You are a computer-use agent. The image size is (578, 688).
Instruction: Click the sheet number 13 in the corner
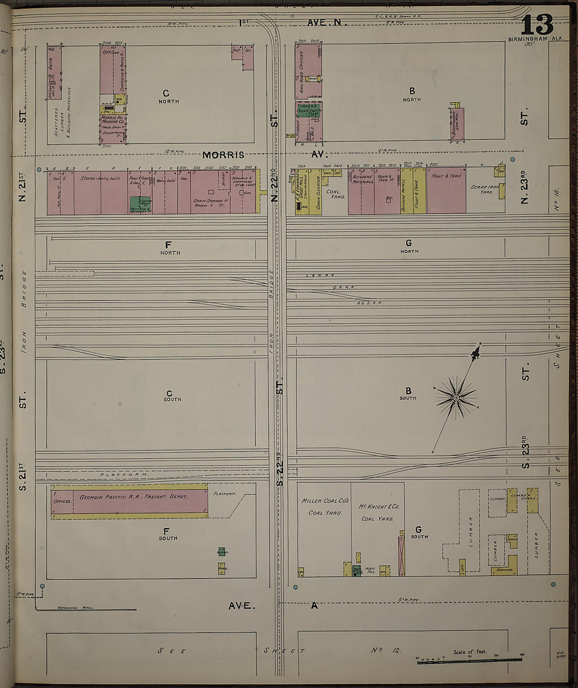537,25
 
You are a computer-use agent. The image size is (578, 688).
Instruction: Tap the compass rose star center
456,398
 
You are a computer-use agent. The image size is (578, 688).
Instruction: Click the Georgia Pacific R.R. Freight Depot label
133,497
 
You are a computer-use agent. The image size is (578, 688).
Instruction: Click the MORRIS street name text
224,155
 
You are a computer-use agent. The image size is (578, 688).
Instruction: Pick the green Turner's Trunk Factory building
308,110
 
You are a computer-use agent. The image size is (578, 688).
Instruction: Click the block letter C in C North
166,94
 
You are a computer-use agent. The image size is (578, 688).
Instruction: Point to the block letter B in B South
408,391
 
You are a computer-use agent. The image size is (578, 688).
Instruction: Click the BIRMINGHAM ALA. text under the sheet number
536,39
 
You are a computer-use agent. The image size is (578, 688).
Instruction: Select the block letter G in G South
418,529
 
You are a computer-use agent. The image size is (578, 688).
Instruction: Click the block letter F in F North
168,244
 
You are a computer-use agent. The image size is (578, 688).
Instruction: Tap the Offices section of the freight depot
62,501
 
